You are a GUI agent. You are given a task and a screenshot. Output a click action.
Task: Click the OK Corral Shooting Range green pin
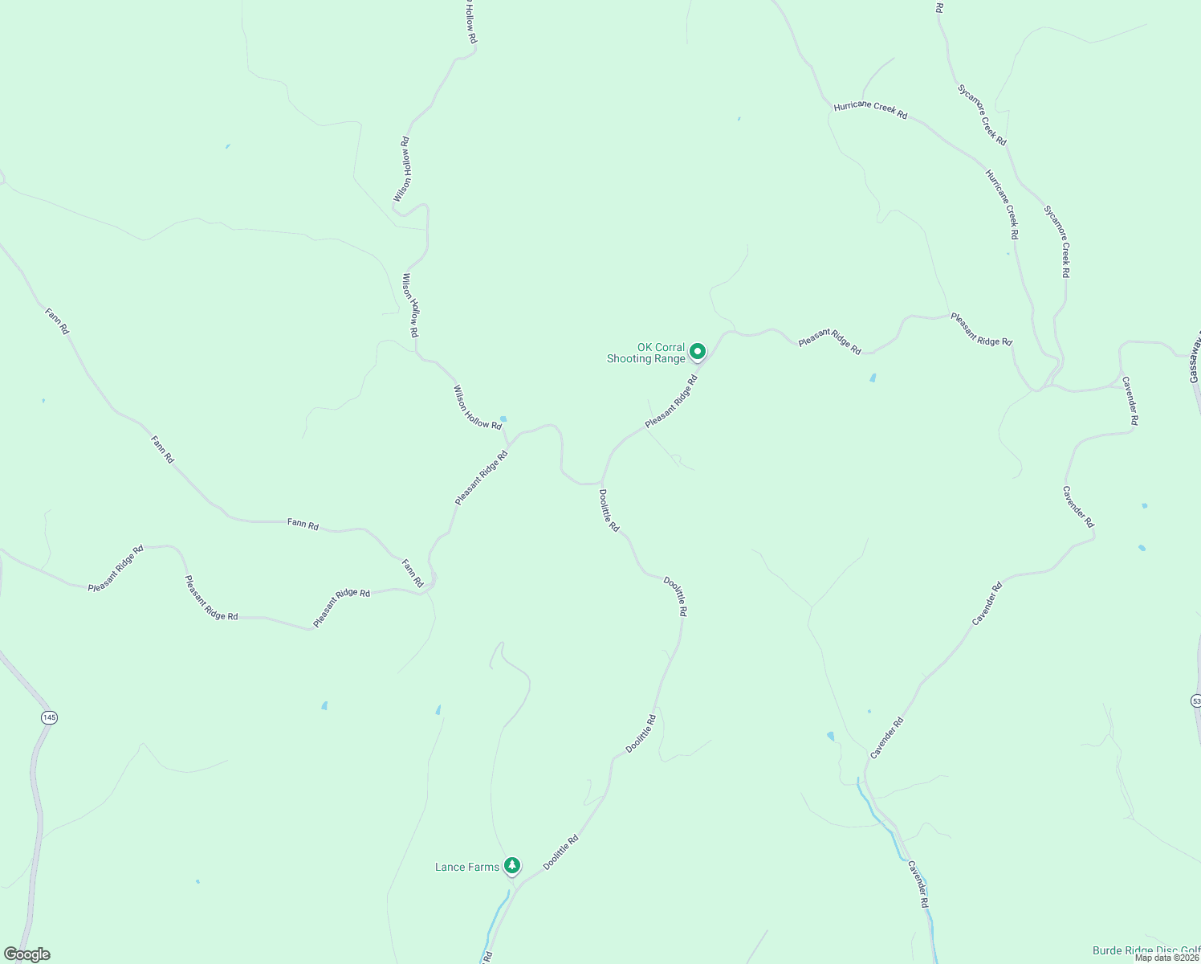point(698,351)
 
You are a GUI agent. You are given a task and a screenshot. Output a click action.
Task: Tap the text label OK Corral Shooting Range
point(647,353)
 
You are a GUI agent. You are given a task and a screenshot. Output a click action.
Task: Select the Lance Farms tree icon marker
point(511,865)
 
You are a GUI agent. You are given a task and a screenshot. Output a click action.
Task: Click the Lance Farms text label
point(466,867)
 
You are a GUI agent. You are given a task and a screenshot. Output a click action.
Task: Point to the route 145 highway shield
point(50,717)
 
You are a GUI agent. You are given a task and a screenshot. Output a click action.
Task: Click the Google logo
point(26,954)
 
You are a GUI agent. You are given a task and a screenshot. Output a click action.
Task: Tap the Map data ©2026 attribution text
point(1166,958)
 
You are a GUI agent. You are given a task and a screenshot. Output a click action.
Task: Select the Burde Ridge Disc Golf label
point(1146,951)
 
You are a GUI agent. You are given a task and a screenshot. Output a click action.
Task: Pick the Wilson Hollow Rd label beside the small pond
point(477,407)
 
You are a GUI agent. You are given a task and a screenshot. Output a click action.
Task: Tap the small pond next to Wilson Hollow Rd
point(503,419)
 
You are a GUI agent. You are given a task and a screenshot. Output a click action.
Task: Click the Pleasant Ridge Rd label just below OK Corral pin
point(671,401)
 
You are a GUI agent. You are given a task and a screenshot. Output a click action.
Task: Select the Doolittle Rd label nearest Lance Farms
point(560,852)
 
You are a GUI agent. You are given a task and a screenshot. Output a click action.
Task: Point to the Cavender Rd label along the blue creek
point(918,884)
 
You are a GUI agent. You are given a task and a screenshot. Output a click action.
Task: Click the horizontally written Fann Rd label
point(303,525)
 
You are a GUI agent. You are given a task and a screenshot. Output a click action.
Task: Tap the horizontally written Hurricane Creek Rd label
point(870,110)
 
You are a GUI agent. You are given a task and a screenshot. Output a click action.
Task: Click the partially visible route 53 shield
point(1195,701)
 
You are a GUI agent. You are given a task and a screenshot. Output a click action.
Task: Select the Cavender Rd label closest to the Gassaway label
point(1130,400)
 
